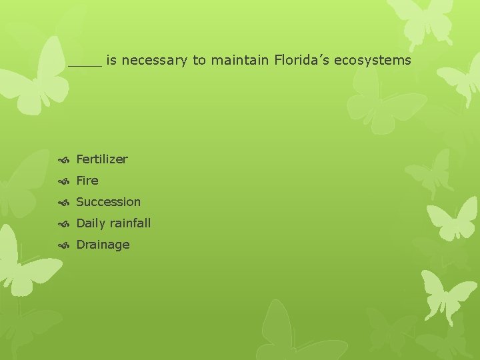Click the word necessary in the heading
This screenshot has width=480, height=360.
(x=155, y=61)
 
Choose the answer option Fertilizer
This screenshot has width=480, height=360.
(x=102, y=159)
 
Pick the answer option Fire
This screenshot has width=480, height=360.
(x=87, y=181)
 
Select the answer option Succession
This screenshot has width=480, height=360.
(x=109, y=202)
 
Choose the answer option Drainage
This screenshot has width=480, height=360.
(x=103, y=245)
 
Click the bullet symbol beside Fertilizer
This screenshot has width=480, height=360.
(x=64, y=160)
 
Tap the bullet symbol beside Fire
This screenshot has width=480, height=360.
(x=64, y=181)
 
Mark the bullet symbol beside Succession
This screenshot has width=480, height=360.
(x=64, y=203)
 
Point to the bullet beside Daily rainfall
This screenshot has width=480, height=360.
(x=64, y=224)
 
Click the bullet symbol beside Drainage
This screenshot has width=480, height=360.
(x=64, y=245)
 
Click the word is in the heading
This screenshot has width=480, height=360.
(x=111, y=61)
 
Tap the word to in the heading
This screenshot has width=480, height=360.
(x=199, y=61)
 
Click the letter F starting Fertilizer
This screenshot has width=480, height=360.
(x=80, y=159)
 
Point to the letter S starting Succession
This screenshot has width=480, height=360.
(x=80, y=202)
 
